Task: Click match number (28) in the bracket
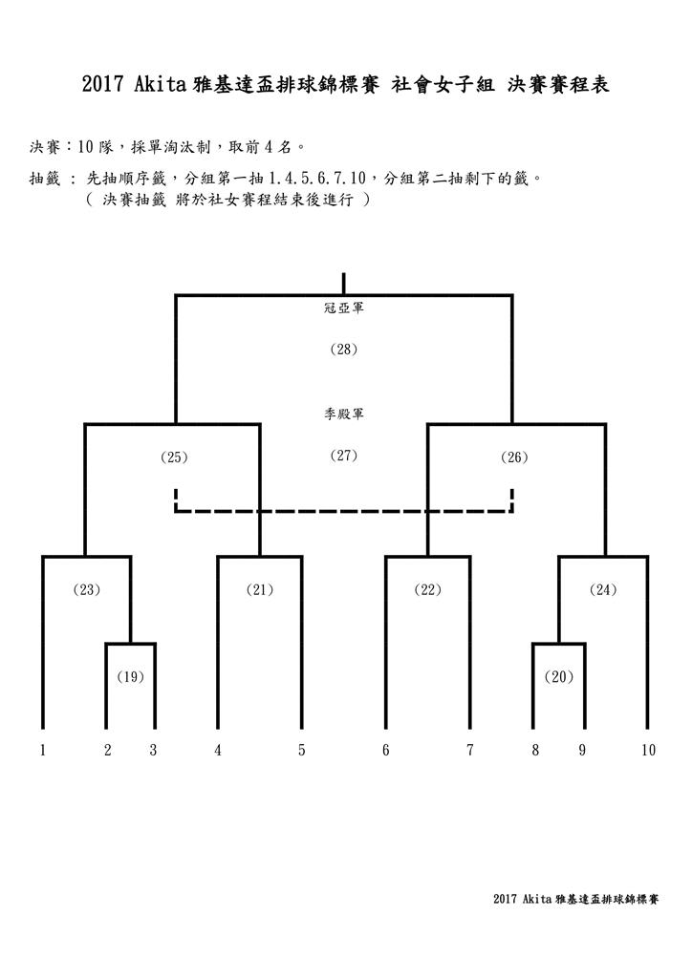pos(344,350)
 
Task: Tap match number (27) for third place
pos(344,456)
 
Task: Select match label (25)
pos(174,457)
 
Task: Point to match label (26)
pos(514,457)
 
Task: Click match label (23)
pos(87,589)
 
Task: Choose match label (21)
pos(260,589)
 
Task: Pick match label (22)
pos(428,589)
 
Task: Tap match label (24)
pos(603,589)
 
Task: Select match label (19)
pos(130,677)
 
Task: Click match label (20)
pos(558,677)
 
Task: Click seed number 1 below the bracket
pos(42,750)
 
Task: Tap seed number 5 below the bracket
pos(301,750)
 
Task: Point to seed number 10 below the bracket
pos(648,750)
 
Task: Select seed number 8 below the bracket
pos(535,750)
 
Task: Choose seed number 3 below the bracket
pos(153,750)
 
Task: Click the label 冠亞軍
pos(344,308)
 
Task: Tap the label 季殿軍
pos(344,414)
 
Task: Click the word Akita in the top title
pos(160,84)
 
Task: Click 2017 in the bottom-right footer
pos(505,899)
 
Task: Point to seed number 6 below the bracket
pos(385,750)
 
